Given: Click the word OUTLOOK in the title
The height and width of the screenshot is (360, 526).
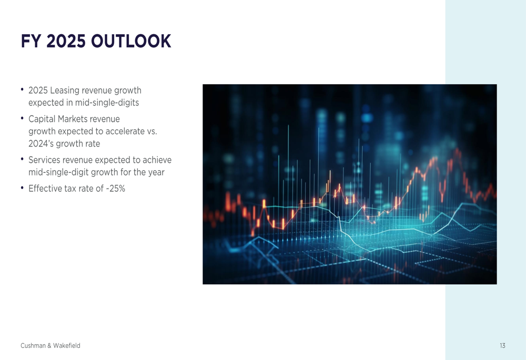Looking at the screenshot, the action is pos(131,41).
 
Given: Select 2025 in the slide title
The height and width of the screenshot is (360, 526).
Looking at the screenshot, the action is pos(66,41).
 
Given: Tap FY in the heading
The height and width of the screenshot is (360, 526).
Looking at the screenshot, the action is pos(31,41).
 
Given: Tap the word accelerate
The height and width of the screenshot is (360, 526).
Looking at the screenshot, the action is pos(125,131).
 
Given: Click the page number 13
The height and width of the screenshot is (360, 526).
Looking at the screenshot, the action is pos(502,346).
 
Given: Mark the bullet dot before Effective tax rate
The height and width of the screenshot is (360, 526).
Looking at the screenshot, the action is pos(22,188).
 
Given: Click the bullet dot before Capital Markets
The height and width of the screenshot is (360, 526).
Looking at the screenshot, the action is pos(22,118).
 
